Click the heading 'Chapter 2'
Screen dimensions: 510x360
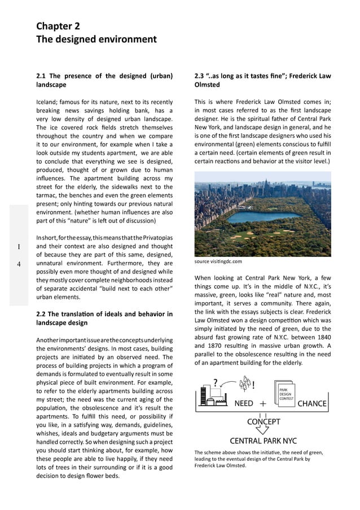pos(58,26)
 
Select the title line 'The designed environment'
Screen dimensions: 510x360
pos(96,40)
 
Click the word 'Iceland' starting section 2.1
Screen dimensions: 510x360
pos(49,102)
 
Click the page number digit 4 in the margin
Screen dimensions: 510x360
pos(19,264)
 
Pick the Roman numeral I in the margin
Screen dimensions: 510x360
pos(19,247)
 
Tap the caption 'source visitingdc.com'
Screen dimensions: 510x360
pos(218,261)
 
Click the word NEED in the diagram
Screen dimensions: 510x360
pos(243,404)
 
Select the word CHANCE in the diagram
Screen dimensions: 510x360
pos(311,404)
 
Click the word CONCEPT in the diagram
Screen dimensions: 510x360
pos(264,421)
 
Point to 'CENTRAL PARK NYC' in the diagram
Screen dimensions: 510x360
pos(263,441)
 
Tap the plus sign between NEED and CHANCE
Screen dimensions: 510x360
pos(263,404)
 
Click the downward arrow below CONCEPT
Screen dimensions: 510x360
pos(264,430)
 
